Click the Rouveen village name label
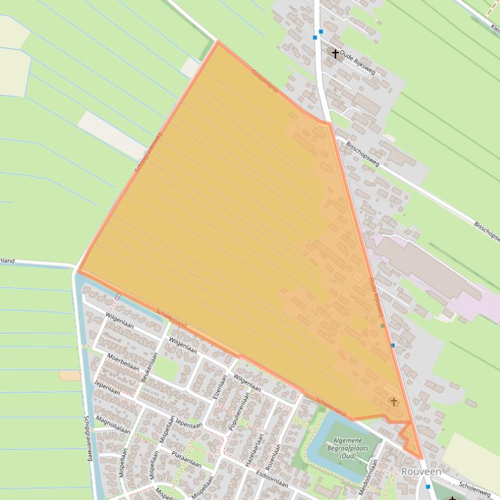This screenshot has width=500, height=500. pyautogui.click(x=421, y=471)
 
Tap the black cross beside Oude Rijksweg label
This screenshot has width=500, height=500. pyautogui.click(x=336, y=53)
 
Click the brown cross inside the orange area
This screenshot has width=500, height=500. pyautogui.click(x=393, y=401)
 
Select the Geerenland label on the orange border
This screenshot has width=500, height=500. pyautogui.click(x=265, y=81)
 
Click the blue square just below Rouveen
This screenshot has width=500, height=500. pyautogui.click(x=427, y=486)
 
